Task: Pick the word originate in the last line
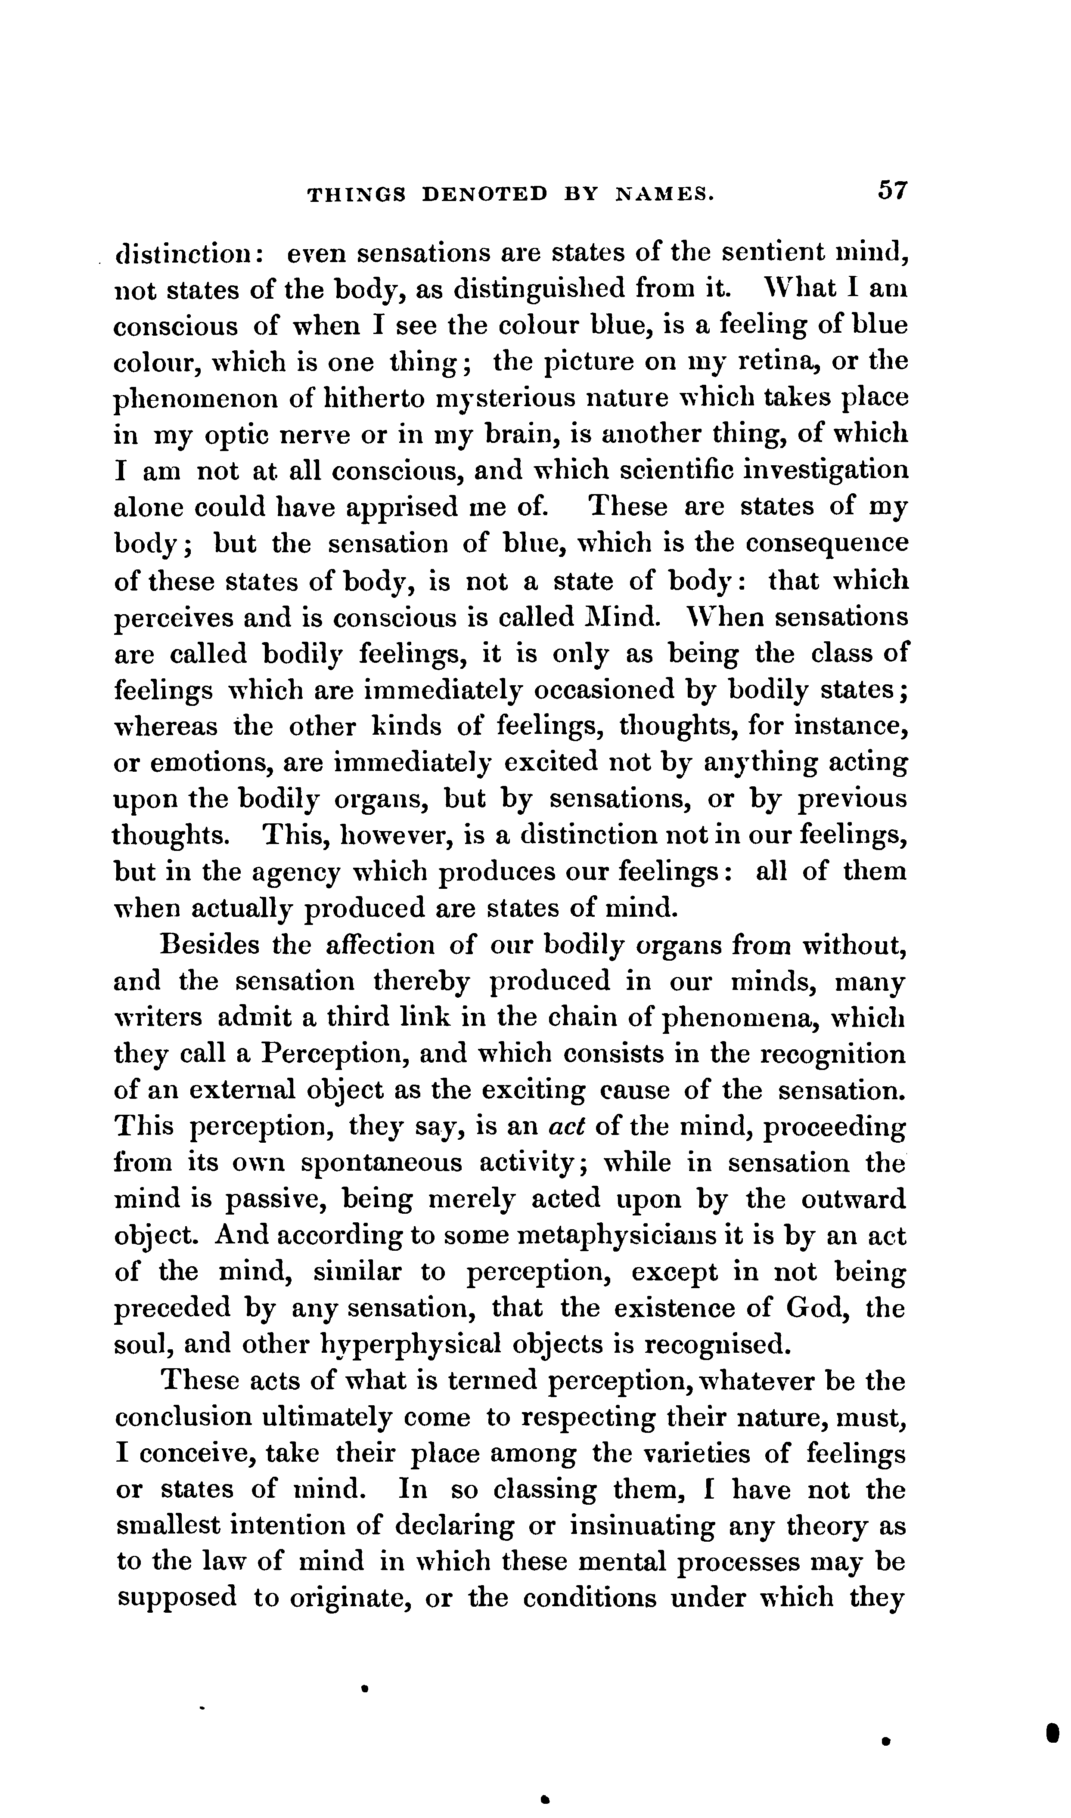click(350, 1598)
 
